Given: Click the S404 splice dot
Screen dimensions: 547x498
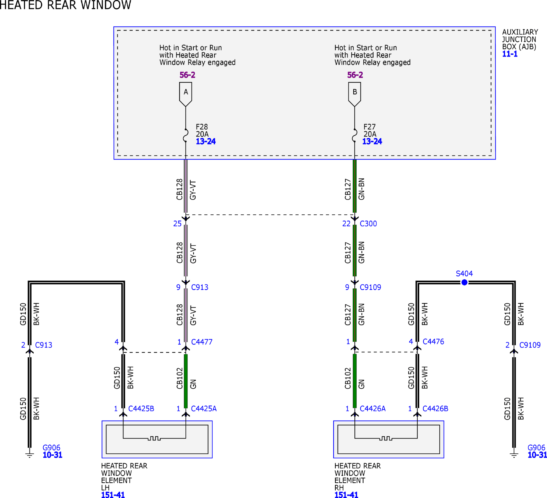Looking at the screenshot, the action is click(464, 282).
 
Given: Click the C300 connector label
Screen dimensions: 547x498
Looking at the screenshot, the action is click(368, 224).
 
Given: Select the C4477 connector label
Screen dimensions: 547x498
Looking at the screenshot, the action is click(202, 342).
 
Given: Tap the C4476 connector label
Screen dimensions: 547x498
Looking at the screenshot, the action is click(433, 341).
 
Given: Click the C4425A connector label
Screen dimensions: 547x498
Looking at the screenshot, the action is click(204, 408).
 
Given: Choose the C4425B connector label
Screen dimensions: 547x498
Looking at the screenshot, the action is click(141, 408).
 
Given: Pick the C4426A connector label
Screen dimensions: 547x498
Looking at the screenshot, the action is click(373, 408).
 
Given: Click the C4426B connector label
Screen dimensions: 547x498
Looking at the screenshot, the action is click(435, 408).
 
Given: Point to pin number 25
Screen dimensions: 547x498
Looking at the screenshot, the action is click(177, 224).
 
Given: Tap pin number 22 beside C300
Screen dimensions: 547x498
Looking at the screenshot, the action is click(346, 224).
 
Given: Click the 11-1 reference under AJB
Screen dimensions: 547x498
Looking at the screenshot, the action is click(510, 54).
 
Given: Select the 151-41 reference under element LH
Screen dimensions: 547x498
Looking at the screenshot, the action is click(113, 495).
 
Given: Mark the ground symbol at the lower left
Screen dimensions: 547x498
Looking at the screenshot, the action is click(30, 455).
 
